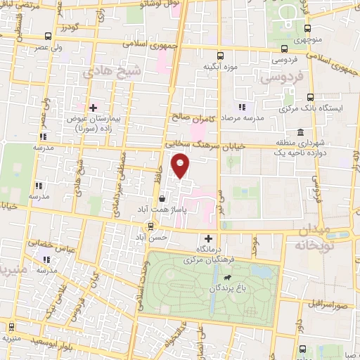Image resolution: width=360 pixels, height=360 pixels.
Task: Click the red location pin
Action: point(181,167)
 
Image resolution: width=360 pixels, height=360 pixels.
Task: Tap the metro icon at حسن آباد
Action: point(149,226)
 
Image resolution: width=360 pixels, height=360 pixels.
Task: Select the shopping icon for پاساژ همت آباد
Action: point(162,199)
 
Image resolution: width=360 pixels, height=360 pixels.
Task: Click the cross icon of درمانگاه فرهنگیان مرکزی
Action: point(207,238)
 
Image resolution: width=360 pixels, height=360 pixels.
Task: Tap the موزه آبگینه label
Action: point(218,66)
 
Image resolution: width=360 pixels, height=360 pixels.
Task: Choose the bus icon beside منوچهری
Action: point(308,28)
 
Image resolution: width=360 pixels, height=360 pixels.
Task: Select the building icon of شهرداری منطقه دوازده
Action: point(300,132)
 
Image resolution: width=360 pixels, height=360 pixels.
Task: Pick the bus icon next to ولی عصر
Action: point(47,36)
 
